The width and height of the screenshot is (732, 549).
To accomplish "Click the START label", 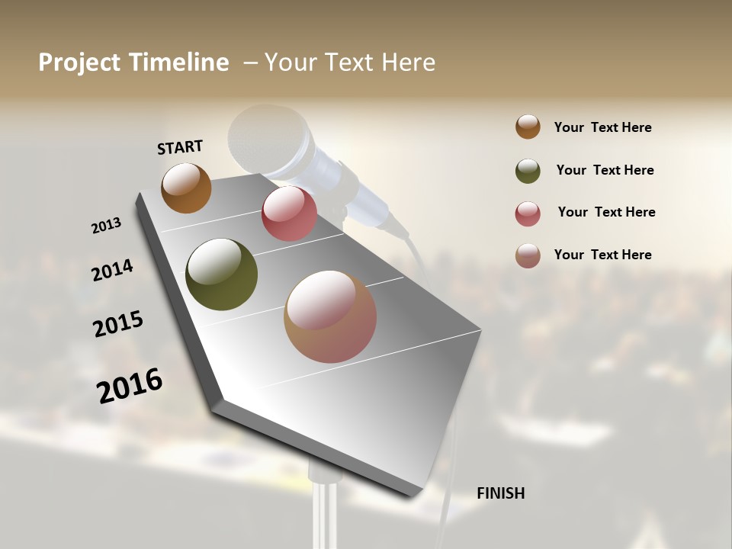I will pos(180,147).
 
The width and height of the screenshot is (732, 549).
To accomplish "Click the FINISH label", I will pos(500,493).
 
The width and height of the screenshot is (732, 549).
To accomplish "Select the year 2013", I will pos(106,226).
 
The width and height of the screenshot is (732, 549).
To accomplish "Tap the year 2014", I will pos(112,270).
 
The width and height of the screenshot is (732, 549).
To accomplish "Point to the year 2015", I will pos(118,324).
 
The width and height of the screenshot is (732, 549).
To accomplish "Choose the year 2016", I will pos(130,385).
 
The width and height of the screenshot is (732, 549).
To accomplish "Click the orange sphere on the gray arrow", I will pos(186,188).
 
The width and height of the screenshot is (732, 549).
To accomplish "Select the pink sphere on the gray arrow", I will pos(289,213).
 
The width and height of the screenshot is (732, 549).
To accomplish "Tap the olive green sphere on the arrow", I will pos(222,274).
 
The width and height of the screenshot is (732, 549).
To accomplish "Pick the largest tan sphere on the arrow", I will pos(330,316).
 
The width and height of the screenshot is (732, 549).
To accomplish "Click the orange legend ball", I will pos(528,127).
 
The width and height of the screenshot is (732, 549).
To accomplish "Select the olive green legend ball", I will pos(528,170).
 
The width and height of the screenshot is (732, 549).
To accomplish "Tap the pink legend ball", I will pos(528,213).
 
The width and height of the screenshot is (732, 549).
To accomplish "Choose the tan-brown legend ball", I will pos(528,255).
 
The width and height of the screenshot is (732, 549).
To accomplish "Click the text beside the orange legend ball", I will pos(602,127).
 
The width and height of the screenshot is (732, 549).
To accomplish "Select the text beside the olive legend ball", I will pos(605,170).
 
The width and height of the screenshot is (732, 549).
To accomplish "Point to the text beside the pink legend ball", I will pos(606,212).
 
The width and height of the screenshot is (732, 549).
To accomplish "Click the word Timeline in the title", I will pos(178,63).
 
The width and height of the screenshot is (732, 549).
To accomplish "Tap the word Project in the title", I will pos(79,63).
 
